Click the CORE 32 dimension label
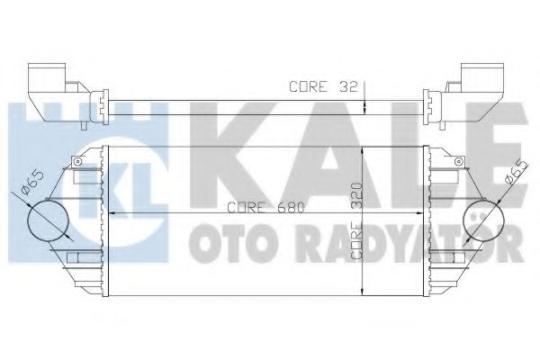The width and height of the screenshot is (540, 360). pos(323,87)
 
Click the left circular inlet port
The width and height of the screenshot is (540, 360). pos(49,219)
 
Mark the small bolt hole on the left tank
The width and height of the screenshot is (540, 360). pos(79,162)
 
